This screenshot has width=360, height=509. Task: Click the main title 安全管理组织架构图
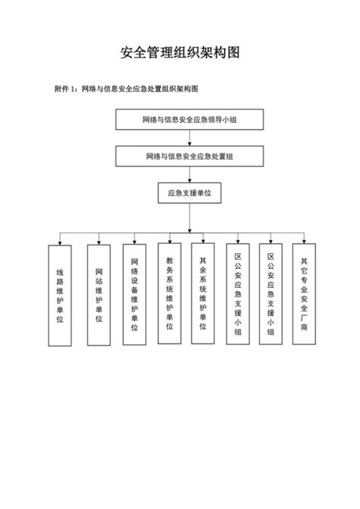[180, 53]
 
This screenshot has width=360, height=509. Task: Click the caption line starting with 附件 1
[127, 89]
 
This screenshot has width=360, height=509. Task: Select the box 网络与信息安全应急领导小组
[189, 120]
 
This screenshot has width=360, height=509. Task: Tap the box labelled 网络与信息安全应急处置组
[189, 156]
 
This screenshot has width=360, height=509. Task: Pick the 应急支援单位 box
[189, 194]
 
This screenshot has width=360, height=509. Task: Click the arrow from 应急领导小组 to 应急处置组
[189, 138]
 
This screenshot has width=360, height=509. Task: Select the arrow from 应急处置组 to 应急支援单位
[189, 175]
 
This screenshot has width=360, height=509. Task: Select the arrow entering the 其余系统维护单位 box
[203, 236]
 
